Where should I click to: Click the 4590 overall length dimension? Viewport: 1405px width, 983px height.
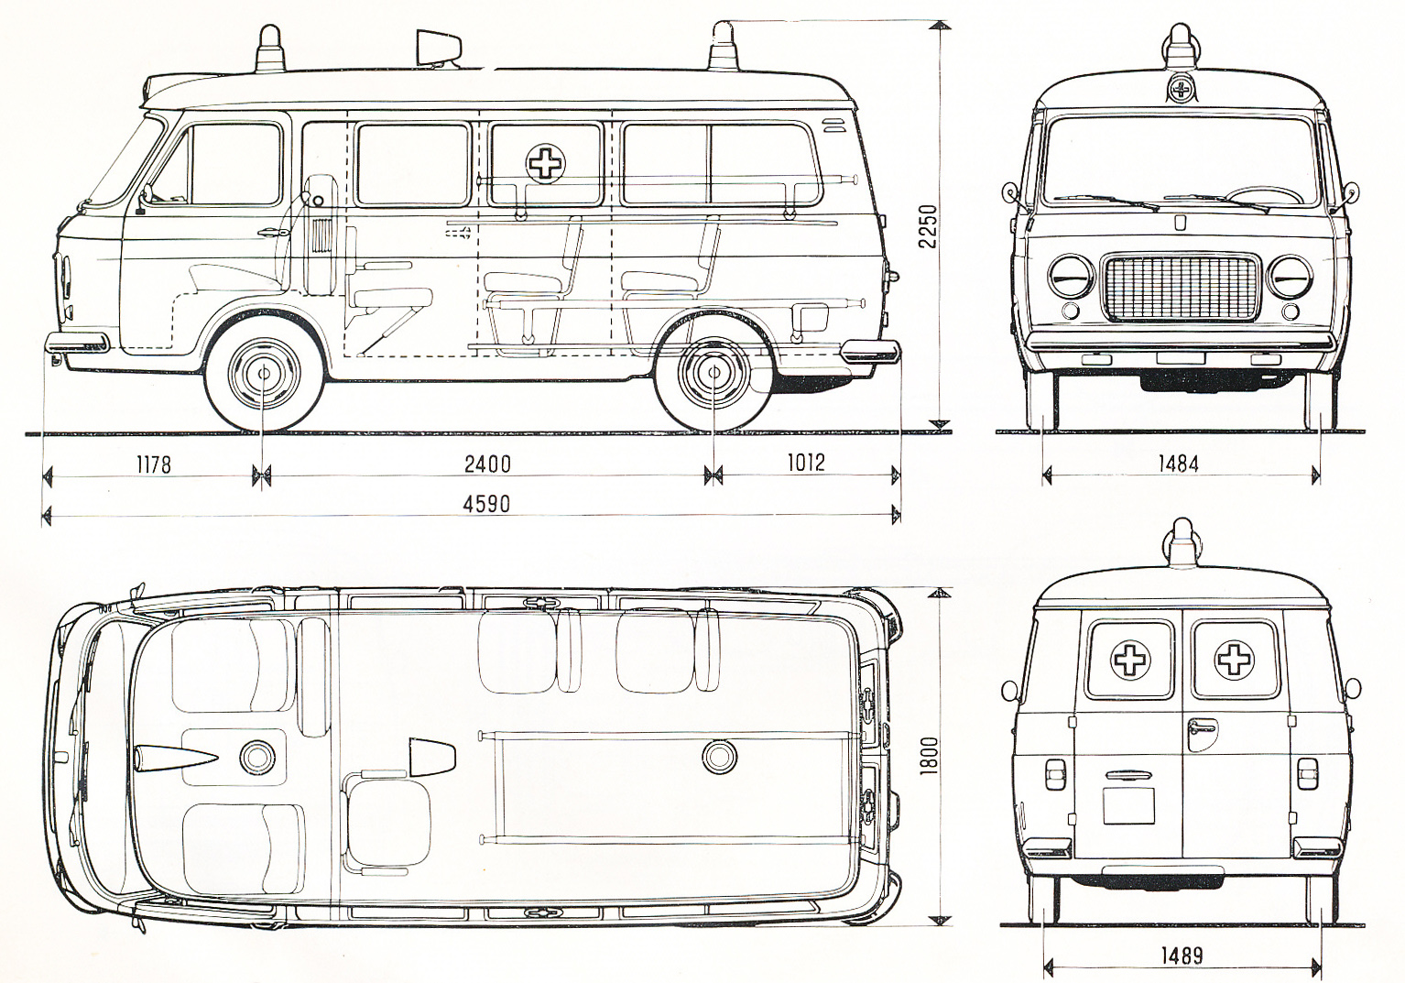pos(486,503)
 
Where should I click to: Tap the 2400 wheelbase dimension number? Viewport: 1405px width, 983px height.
pos(486,464)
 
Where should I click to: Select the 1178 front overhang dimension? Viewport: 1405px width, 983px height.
pos(153,464)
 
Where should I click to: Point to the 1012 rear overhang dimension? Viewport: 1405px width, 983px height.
pos(804,462)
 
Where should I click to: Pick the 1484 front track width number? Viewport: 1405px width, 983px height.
pos(1178,464)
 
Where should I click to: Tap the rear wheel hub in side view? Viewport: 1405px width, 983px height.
pos(714,373)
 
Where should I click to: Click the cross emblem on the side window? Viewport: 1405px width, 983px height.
pos(545,163)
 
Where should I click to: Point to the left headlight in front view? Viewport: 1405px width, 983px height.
pos(1070,277)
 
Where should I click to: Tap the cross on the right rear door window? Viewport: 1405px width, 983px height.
pos(1233,659)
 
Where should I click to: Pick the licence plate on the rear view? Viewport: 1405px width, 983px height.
pos(1128,805)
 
